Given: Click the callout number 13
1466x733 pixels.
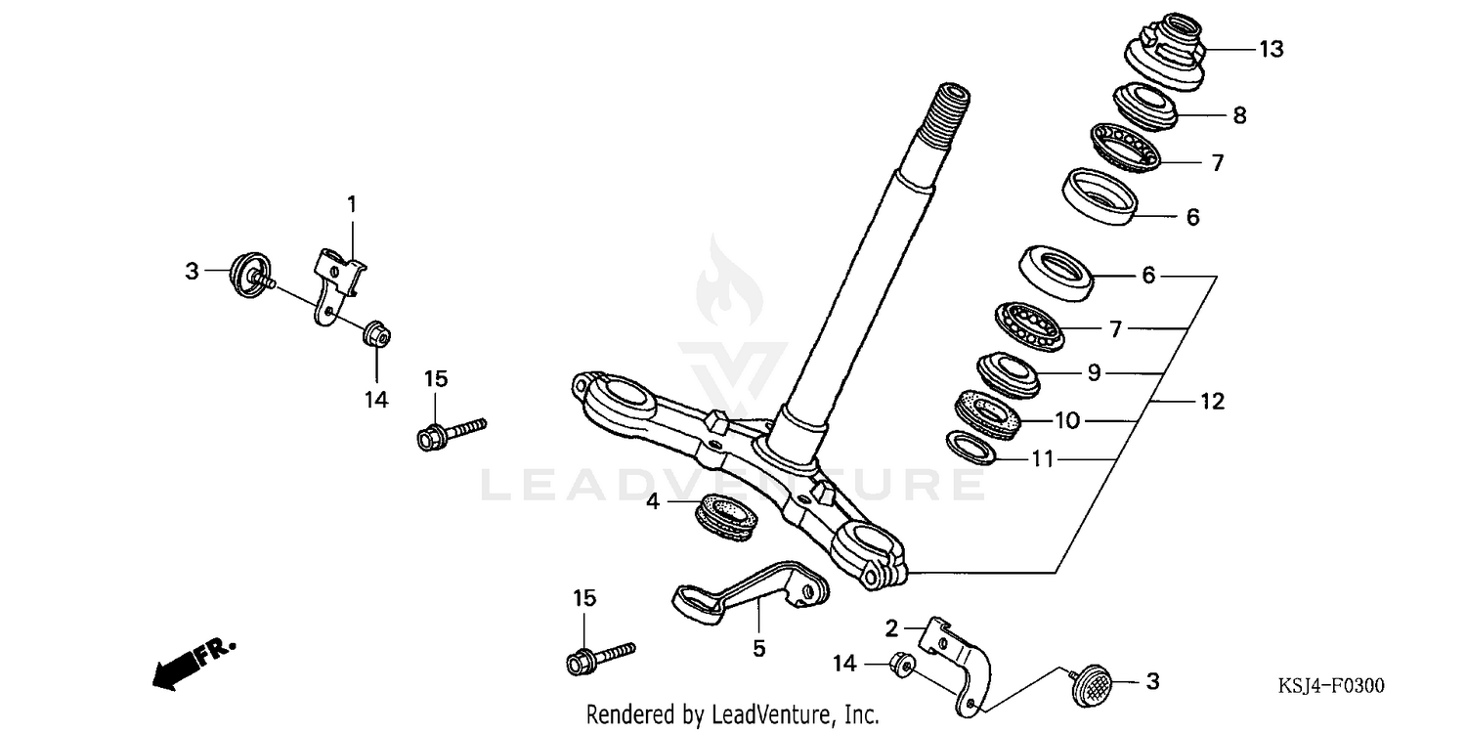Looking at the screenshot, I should coord(1271,49).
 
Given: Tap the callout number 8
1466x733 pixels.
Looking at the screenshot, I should coord(1239,115).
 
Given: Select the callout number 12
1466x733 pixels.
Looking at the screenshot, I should coord(1212,401).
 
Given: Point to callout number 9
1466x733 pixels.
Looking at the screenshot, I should coord(1094,372).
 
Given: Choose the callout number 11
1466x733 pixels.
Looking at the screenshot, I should coord(1043,459).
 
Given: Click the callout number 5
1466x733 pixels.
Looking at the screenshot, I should coord(758,647).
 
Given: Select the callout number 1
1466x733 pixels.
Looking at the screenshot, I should coord(352,204).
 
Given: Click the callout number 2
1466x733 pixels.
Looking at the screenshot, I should coord(891,627).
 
